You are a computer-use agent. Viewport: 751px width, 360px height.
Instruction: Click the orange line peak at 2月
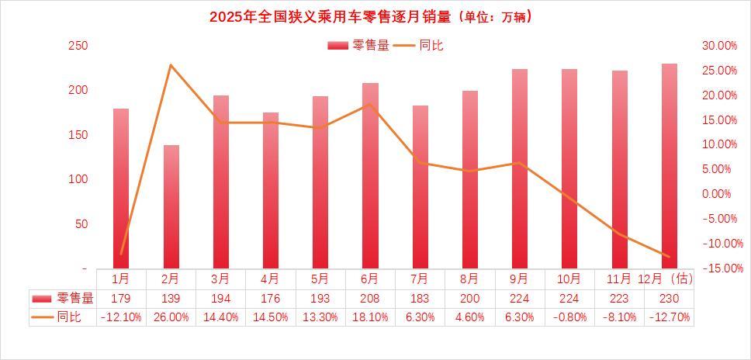[x=171, y=64]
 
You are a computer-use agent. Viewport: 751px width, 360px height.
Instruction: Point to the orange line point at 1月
[x=121, y=254]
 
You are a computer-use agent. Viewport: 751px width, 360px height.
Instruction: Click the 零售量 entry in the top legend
[x=358, y=46]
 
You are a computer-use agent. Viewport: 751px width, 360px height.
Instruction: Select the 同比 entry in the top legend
[x=419, y=46]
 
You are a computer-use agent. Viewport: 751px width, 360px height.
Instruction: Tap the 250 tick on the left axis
[x=78, y=46]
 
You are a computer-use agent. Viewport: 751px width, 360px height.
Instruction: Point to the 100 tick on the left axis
[x=78, y=179]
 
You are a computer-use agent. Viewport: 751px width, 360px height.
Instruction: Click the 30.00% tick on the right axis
[x=718, y=46]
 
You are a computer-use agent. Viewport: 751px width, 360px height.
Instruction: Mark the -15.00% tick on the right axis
[x=718, y=268]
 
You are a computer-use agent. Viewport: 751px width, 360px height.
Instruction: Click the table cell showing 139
[x=171, y=298]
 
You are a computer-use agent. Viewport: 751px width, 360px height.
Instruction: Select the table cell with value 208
[x=370, y=298]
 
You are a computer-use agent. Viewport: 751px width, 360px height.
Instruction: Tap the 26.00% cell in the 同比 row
[x=171, y=317]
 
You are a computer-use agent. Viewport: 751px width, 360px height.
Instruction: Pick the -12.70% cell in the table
[x=669, y=317]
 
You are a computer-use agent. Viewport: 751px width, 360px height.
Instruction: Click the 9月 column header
[x=520, y=278]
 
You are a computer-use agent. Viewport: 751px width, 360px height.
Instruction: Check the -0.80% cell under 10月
[x=569, y=317]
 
